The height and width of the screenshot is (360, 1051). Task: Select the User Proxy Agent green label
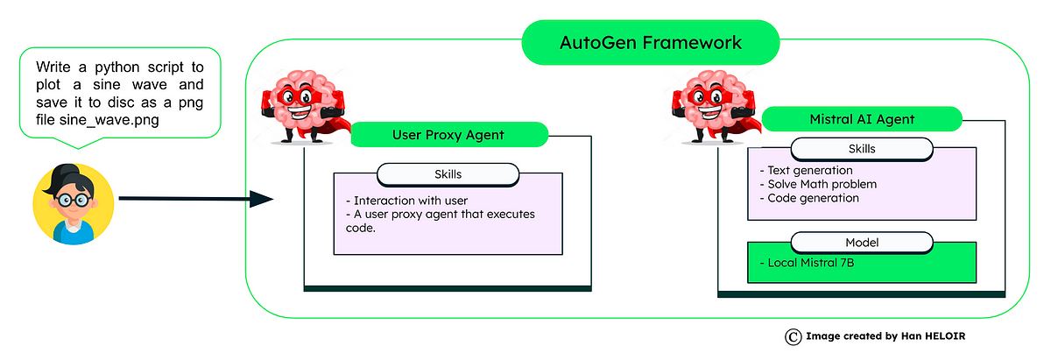(x=448, y=135)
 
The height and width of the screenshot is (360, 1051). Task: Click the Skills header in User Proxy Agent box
(x=448, y=174)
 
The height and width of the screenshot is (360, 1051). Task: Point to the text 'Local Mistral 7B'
(x=806, y=264)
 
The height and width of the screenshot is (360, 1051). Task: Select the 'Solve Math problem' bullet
(x=818, y=184)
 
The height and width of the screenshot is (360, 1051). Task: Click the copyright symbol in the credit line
(x=792, y=336)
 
